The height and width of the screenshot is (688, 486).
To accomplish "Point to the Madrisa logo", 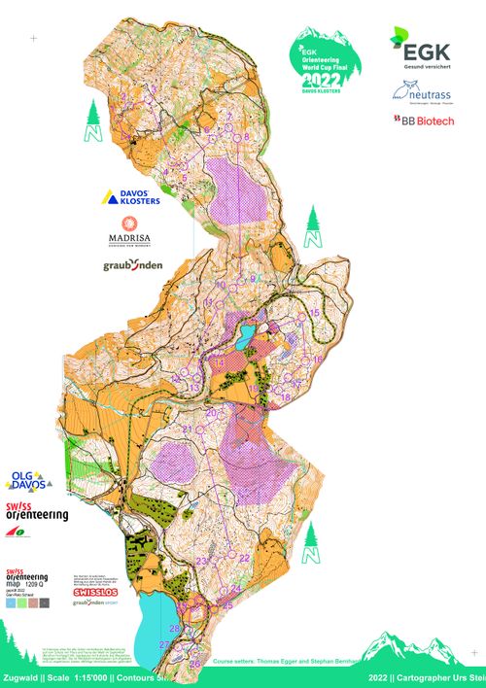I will (x=135, y=235).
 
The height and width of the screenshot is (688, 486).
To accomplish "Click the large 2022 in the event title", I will (x=322, y=80).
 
